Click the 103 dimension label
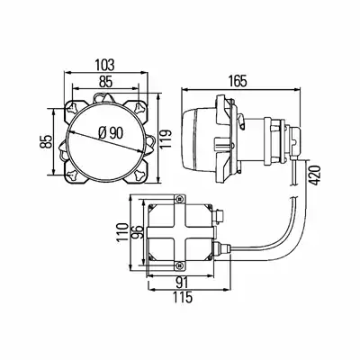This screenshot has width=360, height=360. (104, 65)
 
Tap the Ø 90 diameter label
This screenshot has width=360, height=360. (111, 133)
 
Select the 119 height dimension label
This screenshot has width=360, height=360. (166, 139)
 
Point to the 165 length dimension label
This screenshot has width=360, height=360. (238, 81)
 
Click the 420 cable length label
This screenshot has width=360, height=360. (315, 175)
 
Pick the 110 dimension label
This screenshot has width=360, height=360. (122, 233)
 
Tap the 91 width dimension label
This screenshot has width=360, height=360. (183, 283)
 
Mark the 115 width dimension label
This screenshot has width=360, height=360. (182, 297)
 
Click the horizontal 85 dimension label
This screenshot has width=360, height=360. (105, 81)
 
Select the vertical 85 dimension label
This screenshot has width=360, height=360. (47, 141)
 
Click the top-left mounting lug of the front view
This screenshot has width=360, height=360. (73, 107)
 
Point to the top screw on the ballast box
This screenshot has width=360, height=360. (180, 199)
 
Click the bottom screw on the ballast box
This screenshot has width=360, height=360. (180, 265)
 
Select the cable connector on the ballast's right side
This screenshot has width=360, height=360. (221, 248)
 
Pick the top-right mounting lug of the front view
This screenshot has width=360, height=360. (139, 107)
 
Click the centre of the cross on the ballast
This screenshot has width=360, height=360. (180, 233)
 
